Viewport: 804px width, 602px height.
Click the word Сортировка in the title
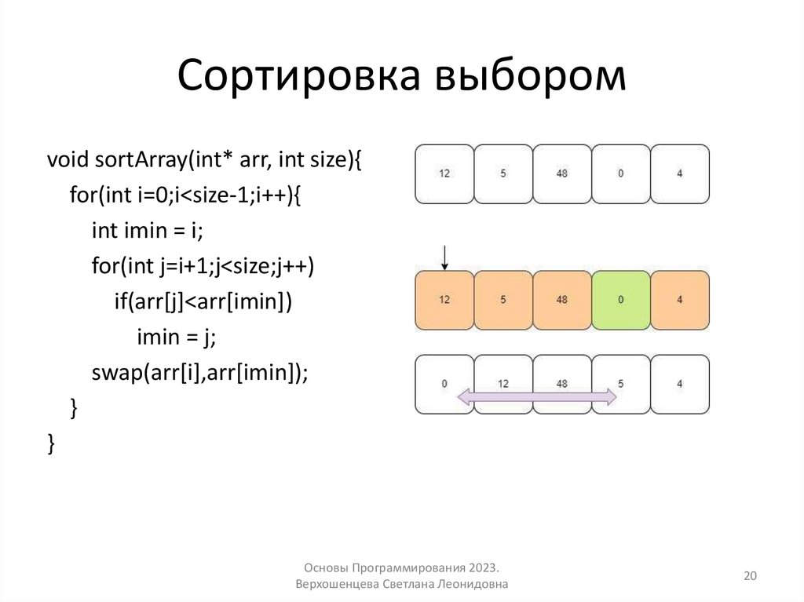pyautogui.click(x=298, y=78)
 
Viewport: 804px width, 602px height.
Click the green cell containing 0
pyautogui.click(x=620, y=300)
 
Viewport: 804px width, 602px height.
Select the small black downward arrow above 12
pyautogui.click(x=444, y=257)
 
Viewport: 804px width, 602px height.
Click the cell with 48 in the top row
pyautogui.click(x=561, y=173)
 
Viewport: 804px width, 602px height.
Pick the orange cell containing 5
pyautogui.click(x=503, y=300)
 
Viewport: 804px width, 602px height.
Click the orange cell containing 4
pyautogui.click(x=679, y=300)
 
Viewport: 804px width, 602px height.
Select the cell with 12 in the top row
pyautogui.click(x=444, y=173)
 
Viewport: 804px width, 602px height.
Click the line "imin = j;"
pyautogui.click(x=176, y=337)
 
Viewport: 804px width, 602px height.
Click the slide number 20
pyautogui.click(x=750, y=576)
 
